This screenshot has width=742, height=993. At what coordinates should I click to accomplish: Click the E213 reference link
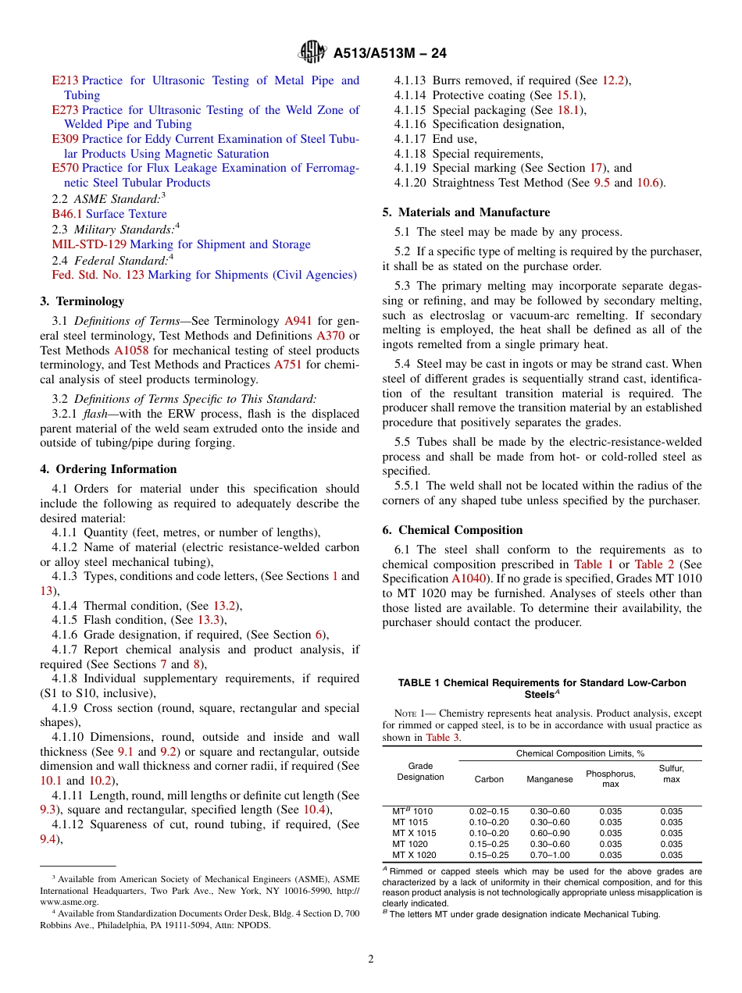pos(65,80)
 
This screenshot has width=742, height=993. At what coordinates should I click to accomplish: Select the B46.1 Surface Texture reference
pos(109,214)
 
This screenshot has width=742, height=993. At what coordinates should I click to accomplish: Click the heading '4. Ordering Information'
pos(109,469)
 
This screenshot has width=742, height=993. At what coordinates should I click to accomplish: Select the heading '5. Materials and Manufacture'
pos(466,212)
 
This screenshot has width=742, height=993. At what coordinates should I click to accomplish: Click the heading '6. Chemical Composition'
pos(452,530)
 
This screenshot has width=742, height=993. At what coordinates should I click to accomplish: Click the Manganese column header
pos(550,779)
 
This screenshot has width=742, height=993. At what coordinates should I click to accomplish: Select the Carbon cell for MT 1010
pos(488,811)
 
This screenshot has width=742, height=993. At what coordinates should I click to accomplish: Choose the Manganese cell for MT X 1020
pos(550,855)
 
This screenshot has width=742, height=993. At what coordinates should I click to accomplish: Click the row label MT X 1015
pos(414,833)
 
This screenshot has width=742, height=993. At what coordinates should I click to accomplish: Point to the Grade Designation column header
pos(420,771)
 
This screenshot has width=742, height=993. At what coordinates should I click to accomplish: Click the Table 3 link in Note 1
pos(442,738)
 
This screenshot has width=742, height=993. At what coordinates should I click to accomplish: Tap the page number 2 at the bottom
pos(371,959)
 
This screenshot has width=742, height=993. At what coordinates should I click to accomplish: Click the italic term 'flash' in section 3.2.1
pos(97,413)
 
